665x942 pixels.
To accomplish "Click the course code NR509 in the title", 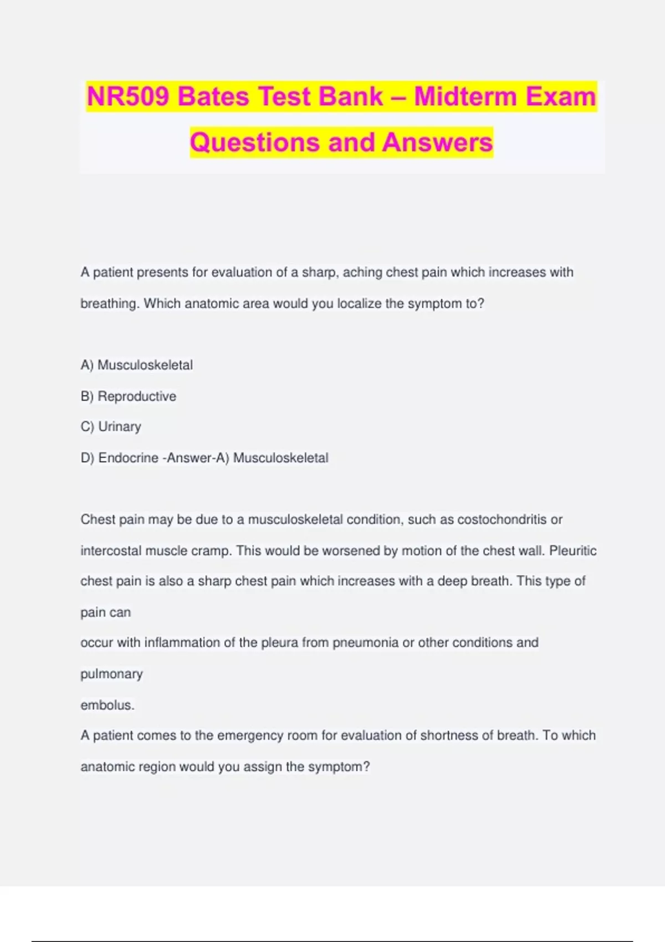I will point(129,97).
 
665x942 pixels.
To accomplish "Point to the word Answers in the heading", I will point(437,142).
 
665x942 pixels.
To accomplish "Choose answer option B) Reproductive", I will point(129,396).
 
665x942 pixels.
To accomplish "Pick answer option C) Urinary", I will point(111,427).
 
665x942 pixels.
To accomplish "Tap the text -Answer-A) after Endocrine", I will point(196,458).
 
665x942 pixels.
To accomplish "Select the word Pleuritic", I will point(572,551).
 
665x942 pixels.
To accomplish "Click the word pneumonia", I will point(365,643).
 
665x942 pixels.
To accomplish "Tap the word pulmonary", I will point(111,674).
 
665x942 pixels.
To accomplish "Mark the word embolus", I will point(107,705).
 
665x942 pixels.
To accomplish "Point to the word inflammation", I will point(182,643).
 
